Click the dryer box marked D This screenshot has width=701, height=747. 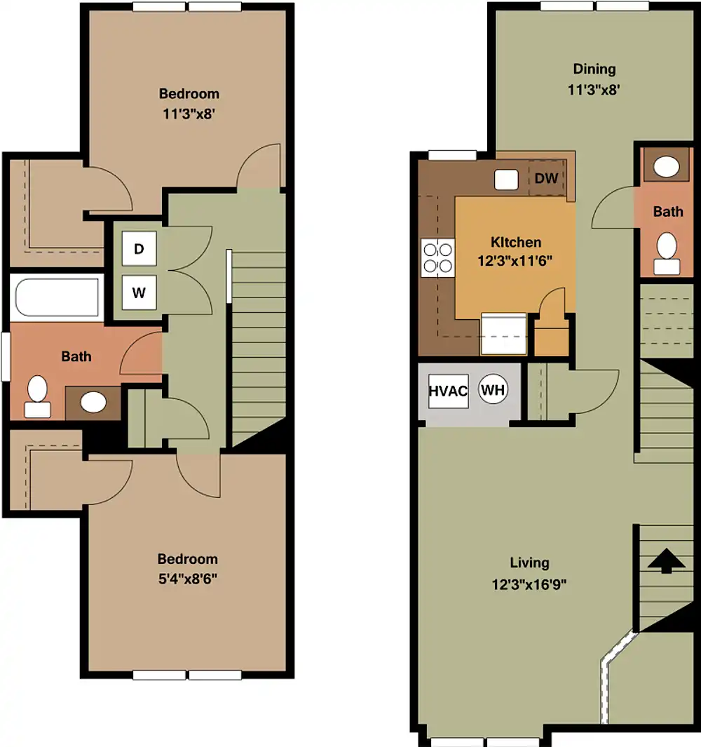coord(139,248)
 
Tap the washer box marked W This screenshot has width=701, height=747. coord(139,292)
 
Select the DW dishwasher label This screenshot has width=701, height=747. coord(546,178)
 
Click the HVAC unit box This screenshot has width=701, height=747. coord(448,391)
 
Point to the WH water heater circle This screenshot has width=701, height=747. coord(493,390)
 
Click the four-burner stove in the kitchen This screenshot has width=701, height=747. coord(437,257)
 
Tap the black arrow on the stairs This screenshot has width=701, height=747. coord(666,560)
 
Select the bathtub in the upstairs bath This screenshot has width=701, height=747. coord(57,297)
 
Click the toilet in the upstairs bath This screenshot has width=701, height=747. coord(38,396)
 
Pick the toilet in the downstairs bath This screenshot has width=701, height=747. coord(667,253)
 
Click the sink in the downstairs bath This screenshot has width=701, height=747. coord(666,167)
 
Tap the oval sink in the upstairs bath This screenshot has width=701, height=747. coord(93,403)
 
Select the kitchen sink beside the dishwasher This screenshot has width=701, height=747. coord(505,180)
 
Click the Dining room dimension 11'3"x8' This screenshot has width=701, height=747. coord(594,90)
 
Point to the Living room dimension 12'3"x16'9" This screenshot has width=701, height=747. coord(529,584)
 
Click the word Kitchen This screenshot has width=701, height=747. coord(516,242)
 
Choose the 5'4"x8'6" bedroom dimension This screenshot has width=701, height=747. coord(188,579)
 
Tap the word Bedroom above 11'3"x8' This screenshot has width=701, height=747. coord(189,93)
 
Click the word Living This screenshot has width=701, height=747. coord(529,563)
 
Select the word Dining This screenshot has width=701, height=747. coord(594,69)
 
